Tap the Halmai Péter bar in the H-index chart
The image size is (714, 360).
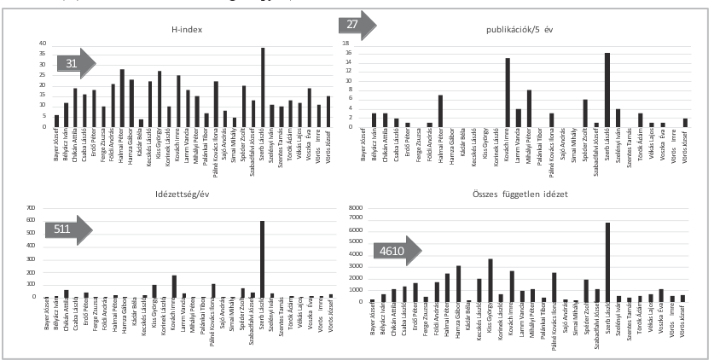[122, 98]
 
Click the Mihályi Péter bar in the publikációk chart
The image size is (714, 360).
[529, 108]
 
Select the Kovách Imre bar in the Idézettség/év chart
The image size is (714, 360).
[150, 287]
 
